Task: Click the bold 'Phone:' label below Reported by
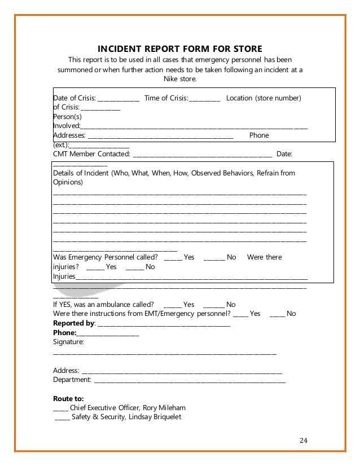[x=64, y=332]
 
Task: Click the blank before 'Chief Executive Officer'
[x=60, y=408]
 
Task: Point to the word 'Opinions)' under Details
[x=68, y=183]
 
